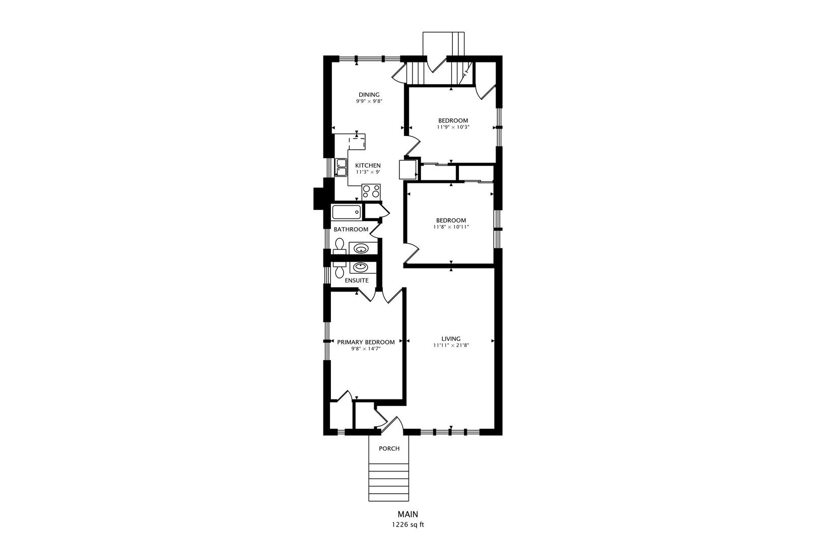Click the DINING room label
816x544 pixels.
click(369, 95)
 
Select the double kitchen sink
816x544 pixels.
click(86, 168)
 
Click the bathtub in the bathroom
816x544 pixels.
click(347, 212)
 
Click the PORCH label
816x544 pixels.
click(389, 448)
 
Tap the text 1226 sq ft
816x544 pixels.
click(408, 525)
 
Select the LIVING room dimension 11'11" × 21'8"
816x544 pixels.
click(451, 345)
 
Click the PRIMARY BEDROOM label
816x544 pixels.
click(366, 342)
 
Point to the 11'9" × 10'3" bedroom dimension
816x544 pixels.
click(453, 127)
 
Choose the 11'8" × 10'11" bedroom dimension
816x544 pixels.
click(451, 227)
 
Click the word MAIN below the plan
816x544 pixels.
click(407, 514)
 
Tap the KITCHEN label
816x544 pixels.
click(368, 165)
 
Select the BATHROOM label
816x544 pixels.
click(351, 229)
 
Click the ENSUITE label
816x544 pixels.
click(357, 280)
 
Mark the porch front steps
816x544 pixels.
click(389, 482)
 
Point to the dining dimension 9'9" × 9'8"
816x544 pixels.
click(369, 101)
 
